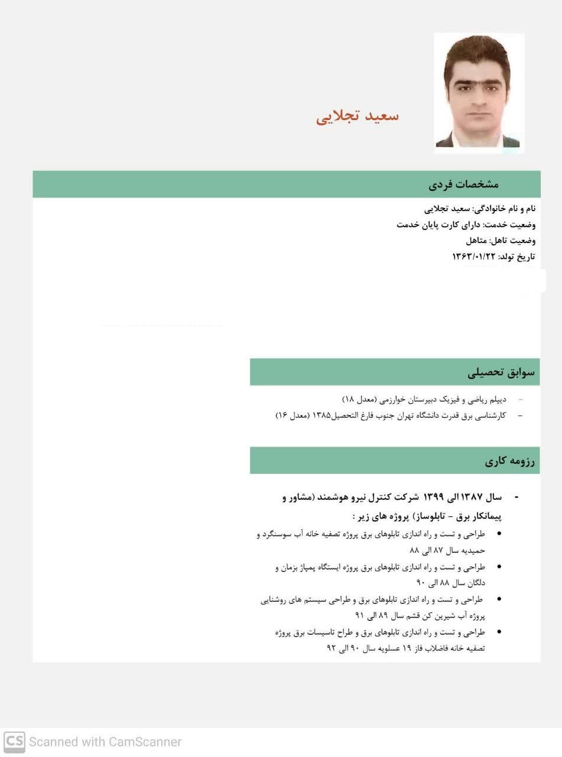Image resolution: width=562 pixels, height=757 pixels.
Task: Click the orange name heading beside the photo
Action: pyautogui.click(x=358, y=116)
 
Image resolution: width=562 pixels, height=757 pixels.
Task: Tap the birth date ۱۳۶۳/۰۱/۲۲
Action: pyautogui.click(x=473, y=257)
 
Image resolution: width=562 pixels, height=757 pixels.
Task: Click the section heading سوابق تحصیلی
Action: pyautogui.click(x=501, y=372)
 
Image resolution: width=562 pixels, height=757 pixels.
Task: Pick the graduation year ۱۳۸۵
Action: pyautogui.click(x=321, y=416)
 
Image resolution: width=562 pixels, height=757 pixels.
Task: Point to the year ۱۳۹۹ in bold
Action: pyautogui.click(x=433, y=497)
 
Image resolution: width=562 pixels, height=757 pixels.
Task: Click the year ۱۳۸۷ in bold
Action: pyautogui.click(x=473, y=497)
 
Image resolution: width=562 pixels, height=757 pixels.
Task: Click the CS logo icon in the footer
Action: pyautogui.click(x=14, y=742)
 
